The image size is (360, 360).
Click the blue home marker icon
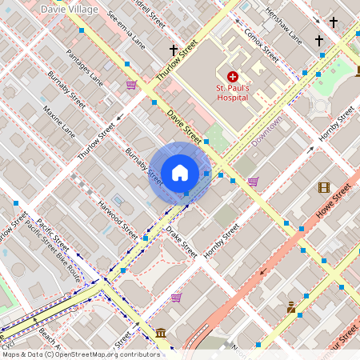tap(180, 172)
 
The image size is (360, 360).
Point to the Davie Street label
tap(184, 119)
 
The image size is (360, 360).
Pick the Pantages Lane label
tap(86, 67)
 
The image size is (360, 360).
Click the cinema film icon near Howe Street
tap(323, 187)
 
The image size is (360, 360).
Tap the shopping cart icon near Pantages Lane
tap(131, 84)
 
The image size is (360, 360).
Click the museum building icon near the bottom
tap(160, 332)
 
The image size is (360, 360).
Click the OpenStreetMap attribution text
tap(80, 354)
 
